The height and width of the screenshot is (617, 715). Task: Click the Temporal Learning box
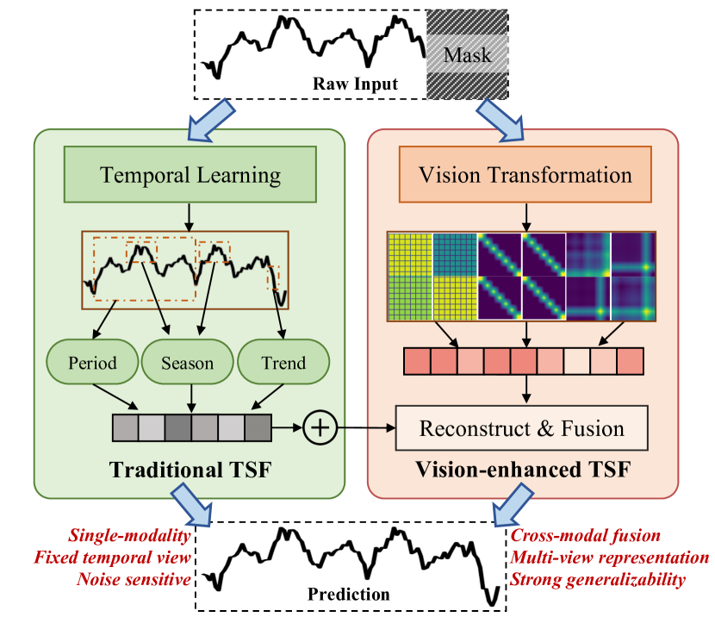pos(190,176)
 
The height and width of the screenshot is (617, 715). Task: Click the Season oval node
pos(188,363)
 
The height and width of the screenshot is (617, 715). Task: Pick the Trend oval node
pos(283,363)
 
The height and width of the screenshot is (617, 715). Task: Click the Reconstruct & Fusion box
pos(521,428)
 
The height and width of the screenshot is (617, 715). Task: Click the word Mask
pos(467,56)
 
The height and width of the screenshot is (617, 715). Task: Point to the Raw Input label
pos(355,84)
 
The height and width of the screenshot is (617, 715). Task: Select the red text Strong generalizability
pos(600,579)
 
